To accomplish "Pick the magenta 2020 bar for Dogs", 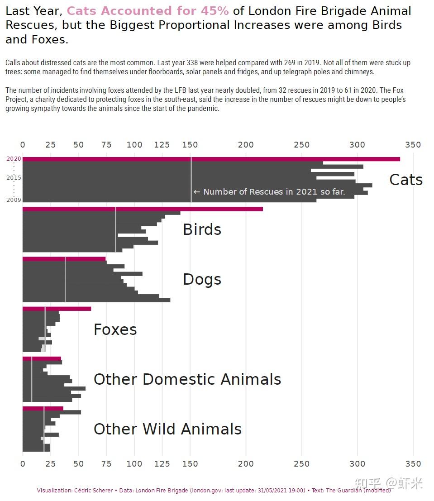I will pyautogui.click(x=64, y=259).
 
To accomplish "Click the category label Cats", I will pyautogui.click(x=405, y=180).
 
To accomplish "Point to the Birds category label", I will pyautogui.click(x=202, y=229).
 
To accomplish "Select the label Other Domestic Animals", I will pyautogui.click(x=187, y=379).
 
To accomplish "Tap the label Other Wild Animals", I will pyautogui.click(x=167, y=429).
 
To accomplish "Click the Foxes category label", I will pyautogui.click(x=115, y=329).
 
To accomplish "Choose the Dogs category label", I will pyautogui.click(x=202, y=279).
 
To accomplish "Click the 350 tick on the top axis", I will pyautogui.click(x=413, y=145).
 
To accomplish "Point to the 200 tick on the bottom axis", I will pyautogui.click(x=246, y=464).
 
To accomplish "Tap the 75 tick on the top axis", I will pyautogui.click(x=106, y=145).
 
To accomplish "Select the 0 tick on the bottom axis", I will pyautogui.click(x=23, y=464).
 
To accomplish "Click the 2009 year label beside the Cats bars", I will pyautogui.click(x=14, y=200).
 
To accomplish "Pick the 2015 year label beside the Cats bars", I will pyautogui.click(x=14, y=177).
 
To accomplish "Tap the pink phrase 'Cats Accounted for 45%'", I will pyautogui.click(x=148, y=11).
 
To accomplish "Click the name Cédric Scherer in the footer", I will pyautogui.click(x=93, y=490).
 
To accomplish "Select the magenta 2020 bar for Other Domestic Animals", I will pyautogui.click(x=42, y=359).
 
